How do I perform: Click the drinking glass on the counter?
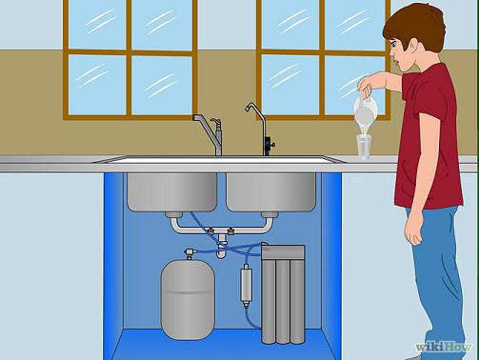(x=364, y=147)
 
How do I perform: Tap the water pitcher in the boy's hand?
(x=365, y=110)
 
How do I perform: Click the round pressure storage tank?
(x=188, y=299)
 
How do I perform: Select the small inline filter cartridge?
(x=247, y=286)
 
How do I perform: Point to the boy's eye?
(x=394, y=45)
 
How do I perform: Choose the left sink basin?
(x=172, y=192)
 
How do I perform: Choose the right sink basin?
(x=271, y=192)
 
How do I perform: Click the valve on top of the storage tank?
(x=190, y=253)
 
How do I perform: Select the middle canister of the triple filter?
(x=283, y=302)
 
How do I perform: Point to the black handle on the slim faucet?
(x=269, y=145)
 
